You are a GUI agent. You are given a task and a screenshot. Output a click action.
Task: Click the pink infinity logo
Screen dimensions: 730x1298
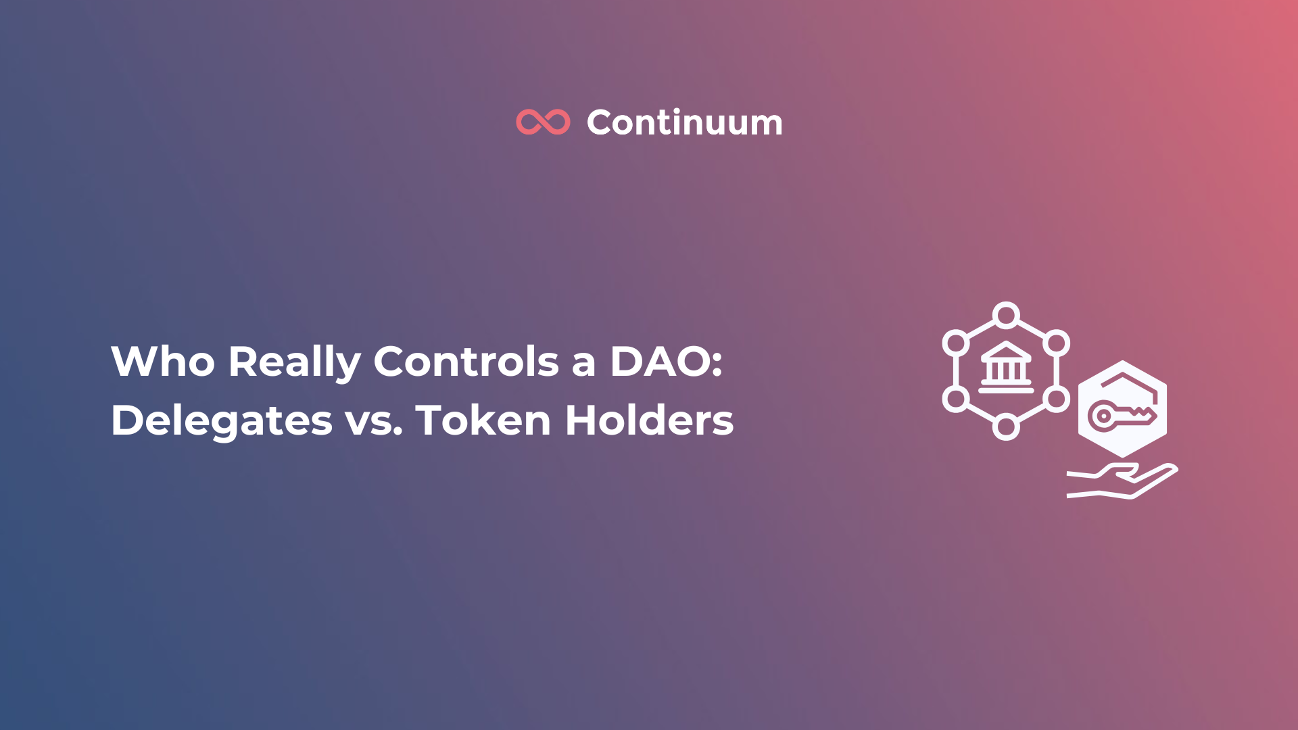point(543,122)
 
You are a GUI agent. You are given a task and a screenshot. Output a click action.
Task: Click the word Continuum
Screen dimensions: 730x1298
point(684,123)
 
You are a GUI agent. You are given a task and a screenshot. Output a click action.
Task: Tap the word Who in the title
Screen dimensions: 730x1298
point(162,362)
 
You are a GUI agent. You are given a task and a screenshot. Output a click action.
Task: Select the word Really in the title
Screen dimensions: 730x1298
point(294,363)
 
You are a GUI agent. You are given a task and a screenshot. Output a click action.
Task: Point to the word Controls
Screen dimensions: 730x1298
point(466,362)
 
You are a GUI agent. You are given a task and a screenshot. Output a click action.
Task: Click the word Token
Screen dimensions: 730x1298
point(483,420)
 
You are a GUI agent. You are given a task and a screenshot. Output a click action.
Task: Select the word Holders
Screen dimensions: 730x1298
point(649,420)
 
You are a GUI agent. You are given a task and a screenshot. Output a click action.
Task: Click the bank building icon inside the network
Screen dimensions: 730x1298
point(1006,368)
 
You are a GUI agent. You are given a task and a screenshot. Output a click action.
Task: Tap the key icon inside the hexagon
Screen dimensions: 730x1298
point(1121,415)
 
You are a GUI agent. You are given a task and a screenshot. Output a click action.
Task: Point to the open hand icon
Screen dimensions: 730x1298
point(1122,481)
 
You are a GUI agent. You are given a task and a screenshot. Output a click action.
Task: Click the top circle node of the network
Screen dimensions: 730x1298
point(1006,315)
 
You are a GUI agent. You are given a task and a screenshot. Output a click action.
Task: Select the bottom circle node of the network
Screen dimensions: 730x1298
point(1006,427)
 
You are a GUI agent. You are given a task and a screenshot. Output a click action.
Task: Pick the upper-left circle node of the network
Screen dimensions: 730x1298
point(956,343)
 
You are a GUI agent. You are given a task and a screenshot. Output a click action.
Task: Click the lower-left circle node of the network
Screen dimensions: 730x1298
point(956,399)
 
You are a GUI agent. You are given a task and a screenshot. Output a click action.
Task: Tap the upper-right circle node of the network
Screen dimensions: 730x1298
point(1056,343)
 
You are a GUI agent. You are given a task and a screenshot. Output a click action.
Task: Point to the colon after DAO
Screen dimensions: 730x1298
point(717,363)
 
